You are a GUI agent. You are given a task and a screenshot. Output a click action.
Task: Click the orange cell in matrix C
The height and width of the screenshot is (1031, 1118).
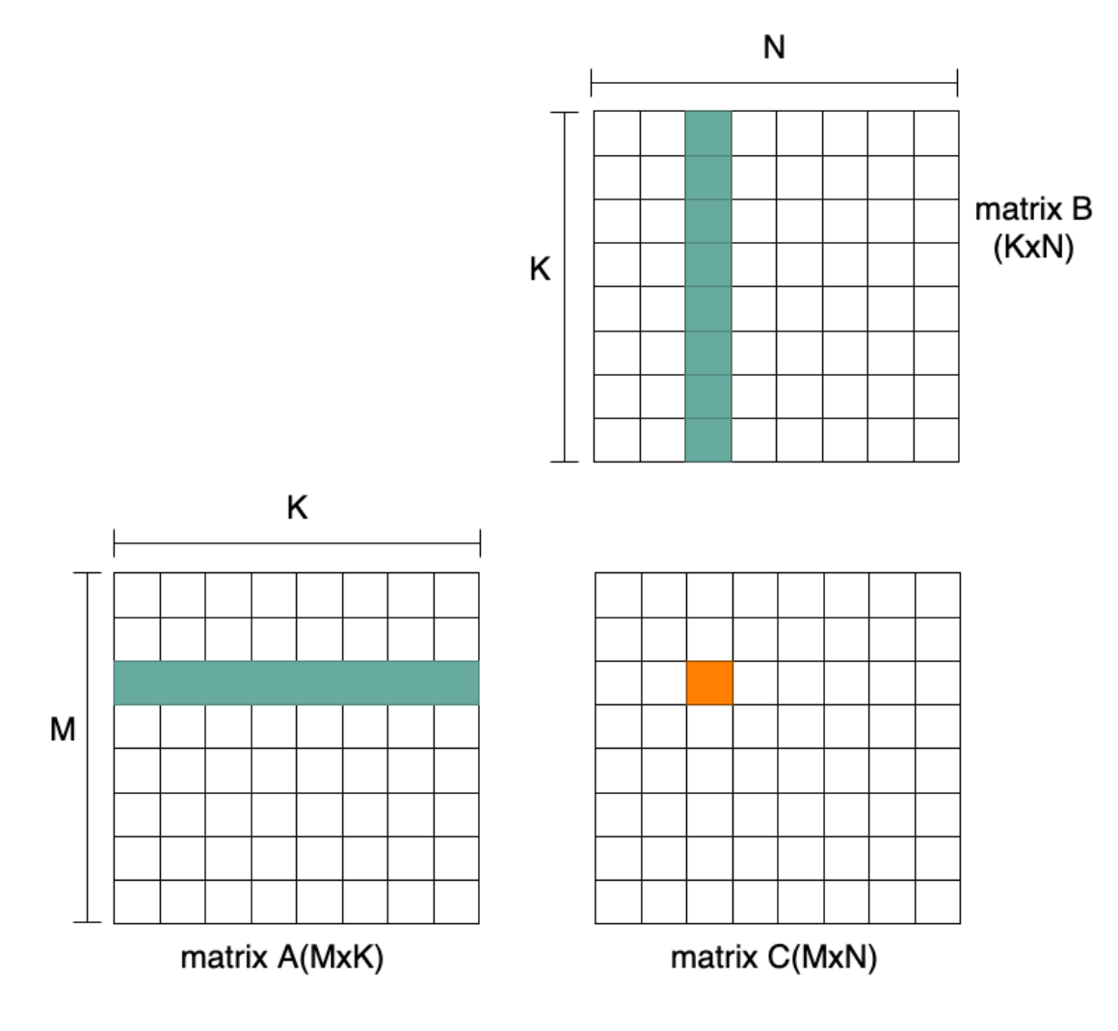(x=709, y=682)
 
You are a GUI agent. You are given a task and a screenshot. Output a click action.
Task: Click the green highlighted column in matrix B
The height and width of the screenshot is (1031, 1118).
(x=708, y=286)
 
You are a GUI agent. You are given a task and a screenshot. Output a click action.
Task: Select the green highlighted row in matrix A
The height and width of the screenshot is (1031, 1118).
(x=297, y=682)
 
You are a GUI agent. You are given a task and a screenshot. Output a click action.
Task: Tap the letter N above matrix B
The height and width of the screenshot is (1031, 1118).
(x=774, y=47)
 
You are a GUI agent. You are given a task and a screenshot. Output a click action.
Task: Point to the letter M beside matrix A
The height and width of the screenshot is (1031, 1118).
(x=63, y=730)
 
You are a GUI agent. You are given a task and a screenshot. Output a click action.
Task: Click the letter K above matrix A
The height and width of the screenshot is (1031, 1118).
(x=297, y=508)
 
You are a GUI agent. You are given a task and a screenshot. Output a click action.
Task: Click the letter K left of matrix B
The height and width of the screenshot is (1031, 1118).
(x=540, y=270)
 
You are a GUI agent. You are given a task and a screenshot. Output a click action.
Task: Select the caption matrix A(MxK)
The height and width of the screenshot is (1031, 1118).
(x=281, y=958)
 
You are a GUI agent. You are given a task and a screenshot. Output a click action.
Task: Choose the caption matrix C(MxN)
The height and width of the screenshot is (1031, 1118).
(x=774, y=958)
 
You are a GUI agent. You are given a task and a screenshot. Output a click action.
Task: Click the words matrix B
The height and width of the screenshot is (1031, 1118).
(x=1033, y=209)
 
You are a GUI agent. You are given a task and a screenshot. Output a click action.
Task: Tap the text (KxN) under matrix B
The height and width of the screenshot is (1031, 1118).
(x=1033, y=248)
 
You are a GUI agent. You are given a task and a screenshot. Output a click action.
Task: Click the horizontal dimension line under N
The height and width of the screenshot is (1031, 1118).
(x=774, y=83)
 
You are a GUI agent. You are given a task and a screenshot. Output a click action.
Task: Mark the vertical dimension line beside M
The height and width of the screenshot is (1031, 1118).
(x=88, y=748)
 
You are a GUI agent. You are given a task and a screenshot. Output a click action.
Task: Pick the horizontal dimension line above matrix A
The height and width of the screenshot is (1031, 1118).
(x=297, y=543)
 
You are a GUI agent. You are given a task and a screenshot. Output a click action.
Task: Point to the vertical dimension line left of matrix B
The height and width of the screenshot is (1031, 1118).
(x=565, y=286)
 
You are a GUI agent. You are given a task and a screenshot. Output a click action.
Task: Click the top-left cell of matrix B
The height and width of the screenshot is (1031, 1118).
(x=617, y=133)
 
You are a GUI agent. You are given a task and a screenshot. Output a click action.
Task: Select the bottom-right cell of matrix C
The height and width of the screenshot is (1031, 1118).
(x=938, y=902)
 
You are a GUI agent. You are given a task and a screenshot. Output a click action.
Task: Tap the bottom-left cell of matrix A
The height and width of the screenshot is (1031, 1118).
(x=137, y=902)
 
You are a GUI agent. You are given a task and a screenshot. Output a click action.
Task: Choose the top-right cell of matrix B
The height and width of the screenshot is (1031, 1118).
(x=937, y=133)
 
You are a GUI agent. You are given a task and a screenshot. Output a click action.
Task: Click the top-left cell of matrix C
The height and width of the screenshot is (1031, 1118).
(x=618, y=595)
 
